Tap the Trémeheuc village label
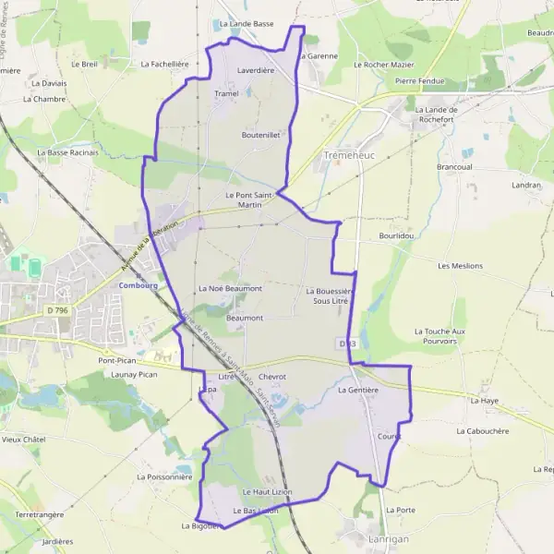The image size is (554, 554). [x=347, y=156]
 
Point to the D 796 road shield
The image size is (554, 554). [x=56, y=310]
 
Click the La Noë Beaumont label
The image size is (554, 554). [x=230, y=289]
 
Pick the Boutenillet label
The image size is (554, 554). [x=260, y=135]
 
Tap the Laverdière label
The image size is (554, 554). [x=256, y=69]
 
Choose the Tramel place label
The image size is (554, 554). [x=226, y=94]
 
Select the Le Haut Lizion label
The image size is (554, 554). [x=268, y=492]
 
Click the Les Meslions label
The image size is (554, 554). [x=461, y=266]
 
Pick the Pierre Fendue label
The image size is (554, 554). [x=419, y=81]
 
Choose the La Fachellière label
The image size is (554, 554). [x=164, y=65]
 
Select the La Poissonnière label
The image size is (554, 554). [x=164, y=477]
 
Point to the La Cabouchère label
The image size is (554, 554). [x=483, y=431]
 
